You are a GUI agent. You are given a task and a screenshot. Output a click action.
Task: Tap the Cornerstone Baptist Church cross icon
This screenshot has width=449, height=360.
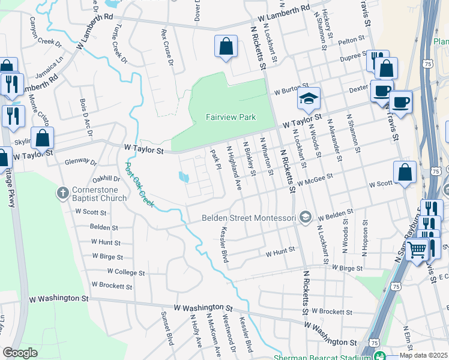(x=62, y=193)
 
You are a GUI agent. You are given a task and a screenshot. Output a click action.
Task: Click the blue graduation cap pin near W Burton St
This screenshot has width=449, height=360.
(x=309, y=98)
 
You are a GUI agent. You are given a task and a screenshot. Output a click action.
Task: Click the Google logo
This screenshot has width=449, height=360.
(x=20, y=353)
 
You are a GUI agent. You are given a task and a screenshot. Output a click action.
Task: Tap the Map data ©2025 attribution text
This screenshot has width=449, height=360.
(x=423, y=355)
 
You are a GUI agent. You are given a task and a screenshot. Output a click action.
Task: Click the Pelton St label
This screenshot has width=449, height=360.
(x=352, y=40)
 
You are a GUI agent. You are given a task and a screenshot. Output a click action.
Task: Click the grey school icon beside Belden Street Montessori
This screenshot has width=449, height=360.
(x=306, y=217)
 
